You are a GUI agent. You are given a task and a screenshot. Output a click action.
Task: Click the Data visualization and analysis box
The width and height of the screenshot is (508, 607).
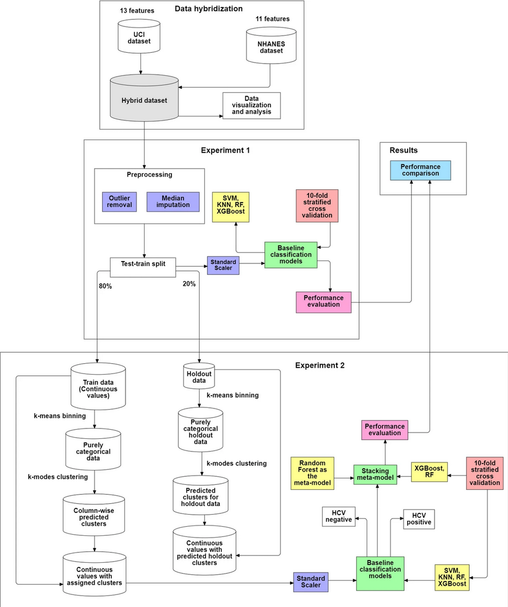pos(251,106)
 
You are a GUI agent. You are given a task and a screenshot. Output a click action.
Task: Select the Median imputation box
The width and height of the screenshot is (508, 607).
pos(173,201)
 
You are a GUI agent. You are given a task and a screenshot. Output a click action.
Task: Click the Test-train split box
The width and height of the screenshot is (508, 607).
pos(142,264)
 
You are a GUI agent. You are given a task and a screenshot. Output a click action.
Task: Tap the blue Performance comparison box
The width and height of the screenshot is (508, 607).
pos(420,170)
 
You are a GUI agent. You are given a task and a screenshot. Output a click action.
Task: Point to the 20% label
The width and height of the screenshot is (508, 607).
pos(189,283)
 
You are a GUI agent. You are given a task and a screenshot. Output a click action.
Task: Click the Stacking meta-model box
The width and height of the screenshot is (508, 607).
pos(376,474)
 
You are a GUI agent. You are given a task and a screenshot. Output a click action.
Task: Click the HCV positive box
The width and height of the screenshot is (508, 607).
pos(419,519)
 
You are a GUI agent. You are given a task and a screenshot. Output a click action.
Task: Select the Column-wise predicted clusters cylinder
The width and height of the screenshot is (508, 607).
pos(95,515)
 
